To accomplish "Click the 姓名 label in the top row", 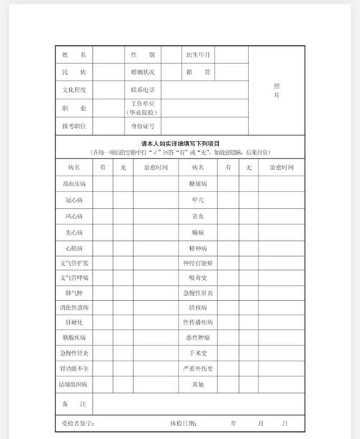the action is (x=74, y=55).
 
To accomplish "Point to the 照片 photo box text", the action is (x=277, y=90).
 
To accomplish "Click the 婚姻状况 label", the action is (x=142, y=73).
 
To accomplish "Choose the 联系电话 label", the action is (x=142, y=90).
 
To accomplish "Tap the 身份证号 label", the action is (x=142, y=125).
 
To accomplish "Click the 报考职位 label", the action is (x=74, y=125).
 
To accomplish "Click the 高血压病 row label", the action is (x=74, y=184).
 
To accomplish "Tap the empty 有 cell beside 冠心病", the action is (x=103, y=200).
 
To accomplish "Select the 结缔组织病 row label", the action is (x=74, y=384).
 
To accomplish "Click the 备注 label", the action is (x=74, y=404).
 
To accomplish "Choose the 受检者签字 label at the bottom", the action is (x=79, y=423).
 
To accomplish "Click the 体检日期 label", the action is (x=184, y=423).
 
